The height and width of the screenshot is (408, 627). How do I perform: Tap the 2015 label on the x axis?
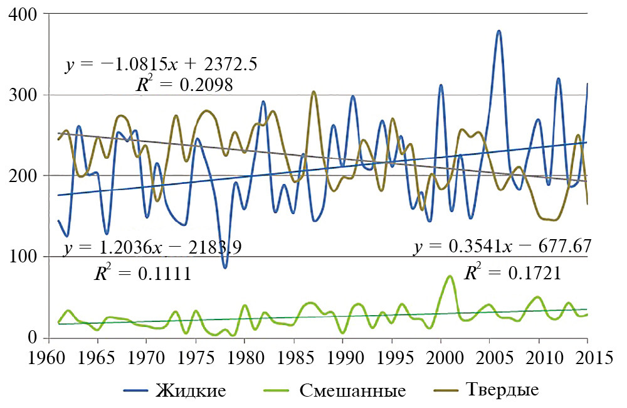pyautogui.click(x=587, y=356)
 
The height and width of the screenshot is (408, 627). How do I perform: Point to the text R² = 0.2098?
pyautogui.click(x=184, y=85)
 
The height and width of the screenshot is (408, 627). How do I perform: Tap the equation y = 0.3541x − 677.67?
pyautogui.click(x=502, y=246)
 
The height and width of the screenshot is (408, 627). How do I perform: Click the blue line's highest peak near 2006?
pyautogui.click(x=499, y=31)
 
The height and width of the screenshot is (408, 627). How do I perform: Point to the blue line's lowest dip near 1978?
pyautogui.click(x=225, y=267)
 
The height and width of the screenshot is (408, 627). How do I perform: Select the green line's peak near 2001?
pyautogui.click(x=450, y=276)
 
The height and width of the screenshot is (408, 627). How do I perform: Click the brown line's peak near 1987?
pyautogui.click(x=313, y=92)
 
